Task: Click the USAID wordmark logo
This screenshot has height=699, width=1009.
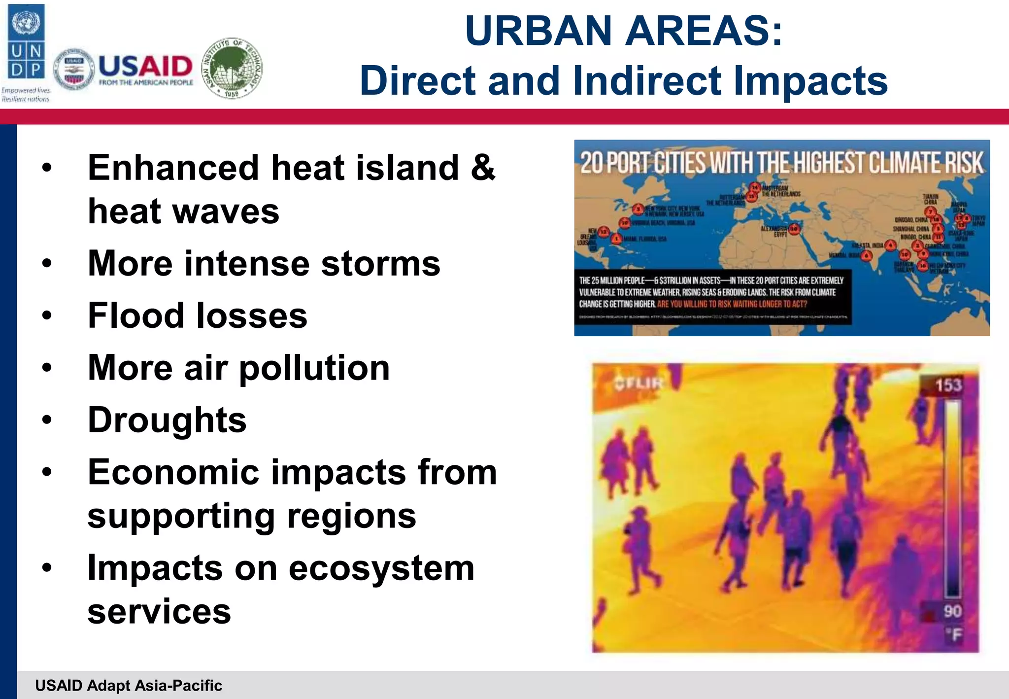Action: pyautogui.click(x=145, y=69)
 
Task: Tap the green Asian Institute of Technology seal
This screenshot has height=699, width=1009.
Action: pyautogui.click(x=233, y=69)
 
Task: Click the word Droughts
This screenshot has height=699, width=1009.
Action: pyautogui.click(x=167, y=420)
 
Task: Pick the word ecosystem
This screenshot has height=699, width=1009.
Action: pyautogui.click(x=381, y=568)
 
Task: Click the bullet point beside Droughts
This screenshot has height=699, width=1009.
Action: pyautogui.click(x=47, y=420)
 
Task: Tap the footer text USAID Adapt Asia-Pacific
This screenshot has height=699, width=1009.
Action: pyautogui.click(x=129, y=685)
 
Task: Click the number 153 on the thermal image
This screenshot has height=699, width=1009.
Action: pyautogui.click(x=948, y=385)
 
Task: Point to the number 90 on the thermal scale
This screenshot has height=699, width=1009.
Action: pyautogui.click(x=952, y=611)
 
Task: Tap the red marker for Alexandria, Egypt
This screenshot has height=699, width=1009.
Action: pyautogui.click(x=794, y=229)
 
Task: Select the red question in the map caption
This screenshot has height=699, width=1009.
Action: pyautogui.click(x=732, y=304)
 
